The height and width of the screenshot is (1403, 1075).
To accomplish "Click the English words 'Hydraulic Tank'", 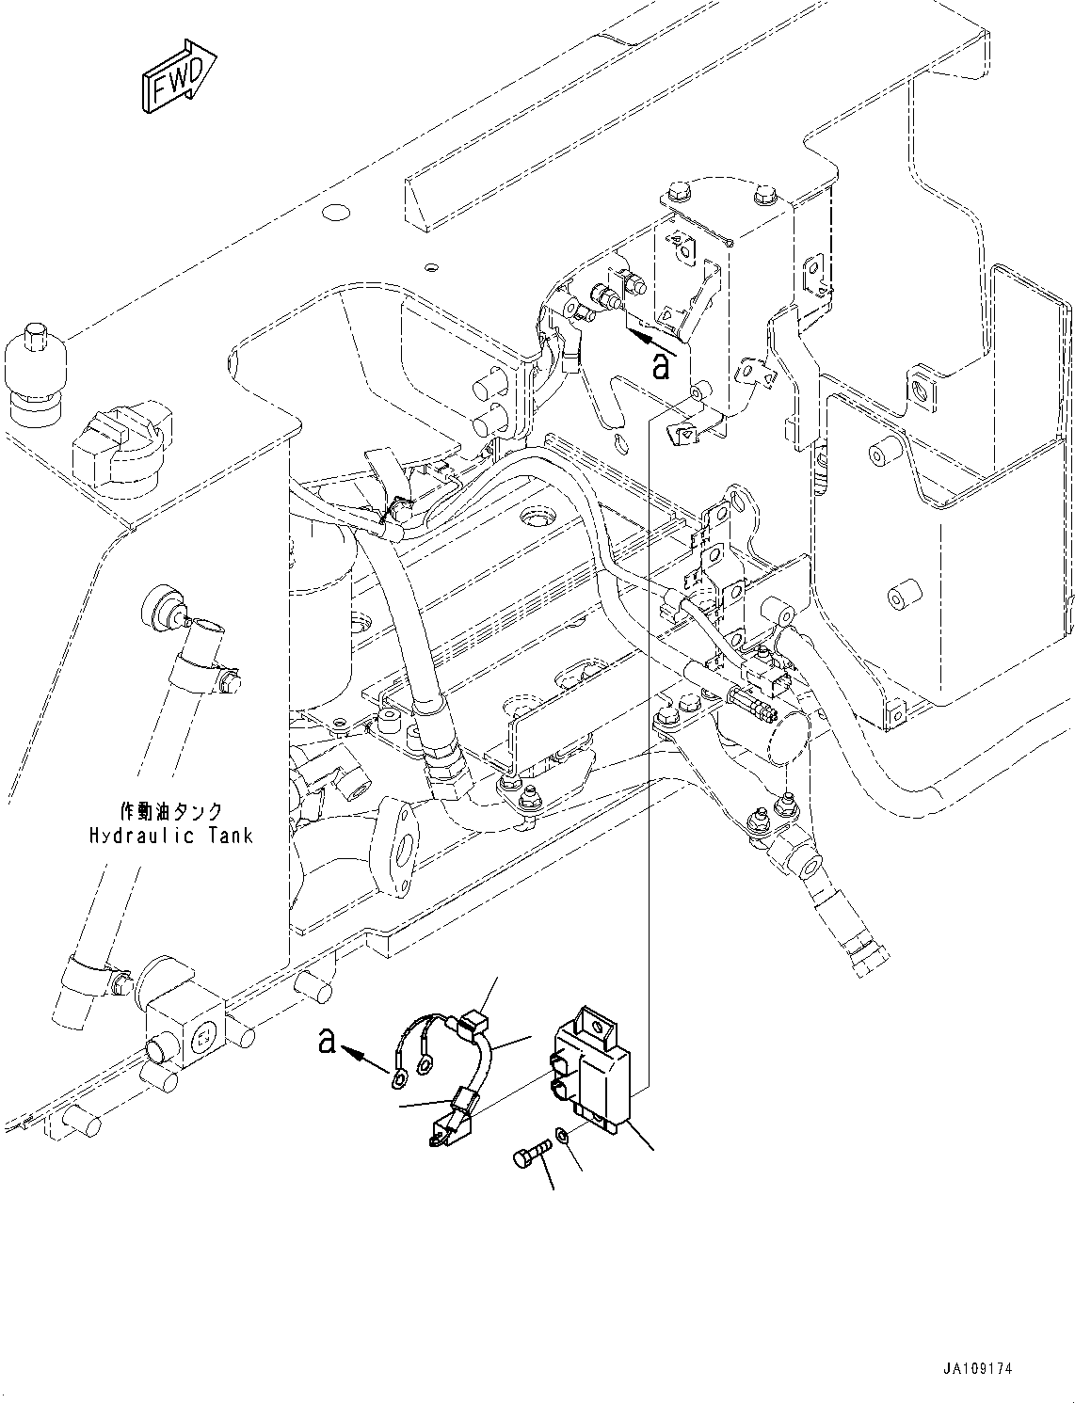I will click(x=171, y=835).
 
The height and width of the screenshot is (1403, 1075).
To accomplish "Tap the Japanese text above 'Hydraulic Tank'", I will click(x=170, y=811).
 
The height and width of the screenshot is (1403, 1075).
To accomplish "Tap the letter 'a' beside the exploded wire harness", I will click(x=328, y=1042).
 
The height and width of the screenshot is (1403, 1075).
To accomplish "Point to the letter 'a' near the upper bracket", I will click(x=662, y=366).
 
